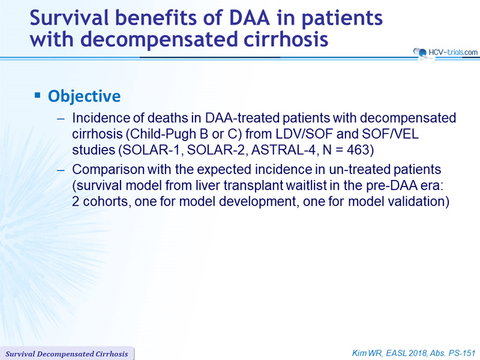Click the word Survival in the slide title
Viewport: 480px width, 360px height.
tap(70, 17)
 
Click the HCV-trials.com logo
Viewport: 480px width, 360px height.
tap(445, 52)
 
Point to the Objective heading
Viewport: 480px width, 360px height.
tap(84, 96)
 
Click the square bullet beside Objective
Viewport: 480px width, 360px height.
tap(38, 95)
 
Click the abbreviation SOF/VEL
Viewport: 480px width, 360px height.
tap(390, 134)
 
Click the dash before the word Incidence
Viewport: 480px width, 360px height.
tap(61, 119)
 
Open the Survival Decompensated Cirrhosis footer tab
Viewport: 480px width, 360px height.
tap(67, 353)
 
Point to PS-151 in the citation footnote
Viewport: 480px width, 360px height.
tap(462, 353)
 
